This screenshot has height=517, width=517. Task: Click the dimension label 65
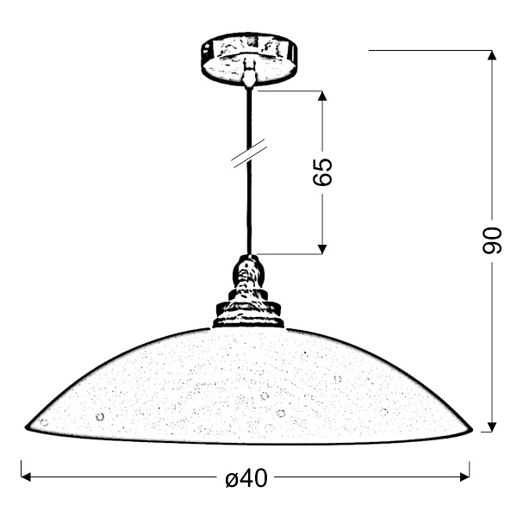point(322,172)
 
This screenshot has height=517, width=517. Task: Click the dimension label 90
point(491,241)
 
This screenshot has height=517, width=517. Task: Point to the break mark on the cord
point(249,154)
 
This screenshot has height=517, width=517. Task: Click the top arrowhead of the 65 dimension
point(322,96)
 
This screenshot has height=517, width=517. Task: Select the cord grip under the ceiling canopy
point(249,76)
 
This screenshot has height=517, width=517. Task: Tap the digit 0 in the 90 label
point(491,234)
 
